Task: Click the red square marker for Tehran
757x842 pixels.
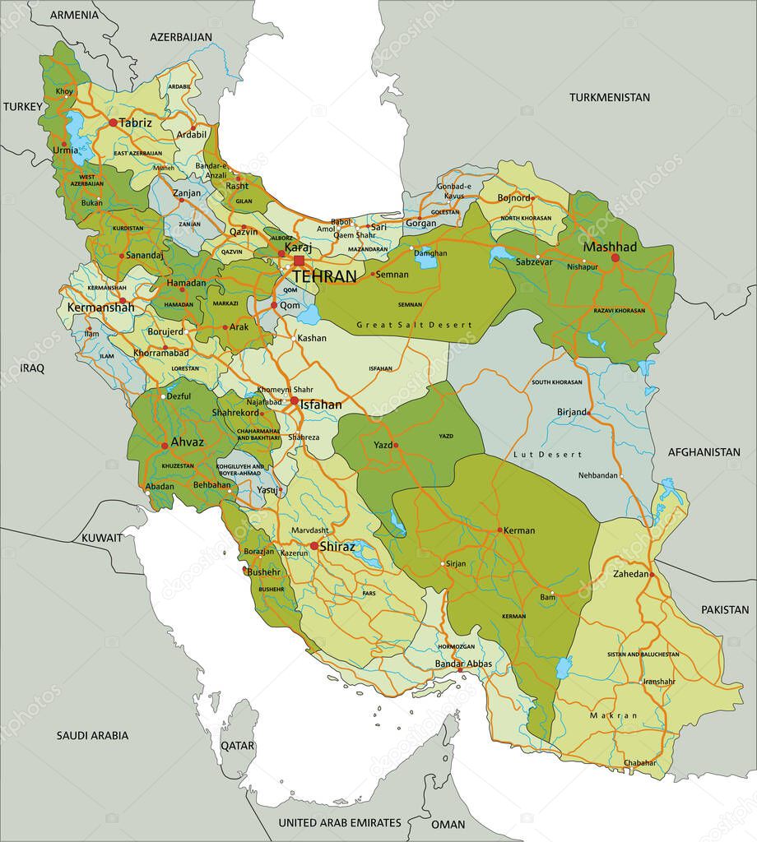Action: coord(298,261)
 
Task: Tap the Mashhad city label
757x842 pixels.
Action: coord(610,247)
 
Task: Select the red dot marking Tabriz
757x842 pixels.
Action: coord(113,123)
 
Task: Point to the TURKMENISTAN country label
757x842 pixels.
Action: coord(609,97)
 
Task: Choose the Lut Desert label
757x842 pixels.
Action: coord(546,454)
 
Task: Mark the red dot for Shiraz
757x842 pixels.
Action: coord(313,546)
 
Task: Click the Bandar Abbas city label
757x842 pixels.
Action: coord(463,664)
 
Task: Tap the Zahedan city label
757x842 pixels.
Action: coord(631,573)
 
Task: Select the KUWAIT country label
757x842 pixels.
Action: coord(101,537)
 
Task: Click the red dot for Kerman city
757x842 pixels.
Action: coord(499,530)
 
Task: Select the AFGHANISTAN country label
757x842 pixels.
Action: coord(704,452)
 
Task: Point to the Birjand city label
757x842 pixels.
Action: coord(571,412)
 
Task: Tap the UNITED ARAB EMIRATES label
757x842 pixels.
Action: coord(339,822)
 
